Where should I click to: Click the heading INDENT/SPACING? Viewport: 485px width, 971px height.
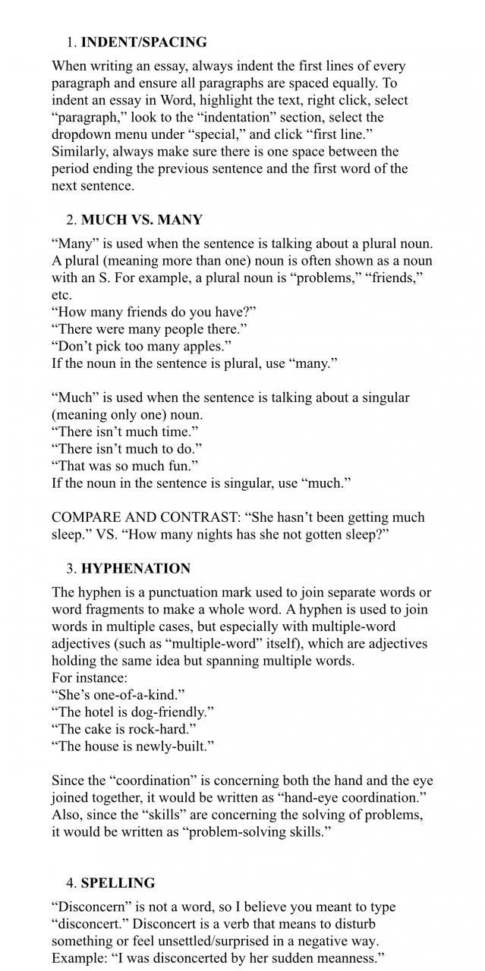coord(143,42)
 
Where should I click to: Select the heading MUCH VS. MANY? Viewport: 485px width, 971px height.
coord(141,220)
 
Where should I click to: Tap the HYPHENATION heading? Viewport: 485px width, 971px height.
coord(136,568)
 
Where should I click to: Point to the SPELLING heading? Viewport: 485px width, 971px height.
coord(118,882)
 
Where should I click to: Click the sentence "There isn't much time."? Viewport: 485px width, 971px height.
coord(125,432)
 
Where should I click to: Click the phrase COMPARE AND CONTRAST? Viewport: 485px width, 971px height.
coord(143,517)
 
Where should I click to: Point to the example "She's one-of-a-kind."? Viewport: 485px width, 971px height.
coord(118,695)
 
